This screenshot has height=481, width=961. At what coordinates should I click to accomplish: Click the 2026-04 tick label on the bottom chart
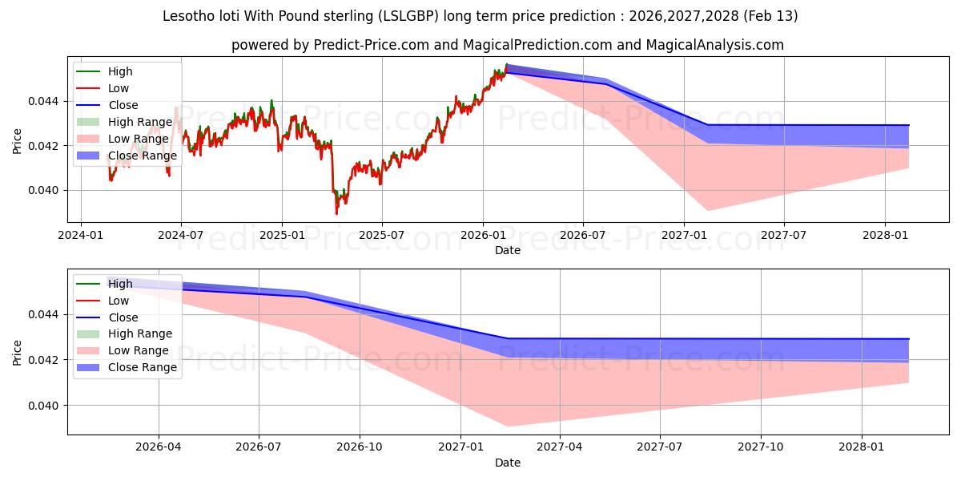click(159, 447)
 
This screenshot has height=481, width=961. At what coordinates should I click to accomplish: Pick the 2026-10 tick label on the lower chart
click(360, 447)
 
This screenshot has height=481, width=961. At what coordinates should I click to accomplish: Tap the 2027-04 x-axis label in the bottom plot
click(559, 447)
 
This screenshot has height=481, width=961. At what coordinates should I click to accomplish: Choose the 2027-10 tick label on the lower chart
click(761, 447)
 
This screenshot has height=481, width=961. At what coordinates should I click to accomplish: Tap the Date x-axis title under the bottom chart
click(508, 463)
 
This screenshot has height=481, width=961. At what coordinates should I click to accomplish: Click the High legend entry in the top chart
click(120, 71)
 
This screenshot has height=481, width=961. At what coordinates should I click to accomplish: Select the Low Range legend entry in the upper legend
click(138, 139)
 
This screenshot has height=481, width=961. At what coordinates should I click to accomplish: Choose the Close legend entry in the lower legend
click(123, 317)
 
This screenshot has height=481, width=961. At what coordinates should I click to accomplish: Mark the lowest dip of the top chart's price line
click(336, 213)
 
